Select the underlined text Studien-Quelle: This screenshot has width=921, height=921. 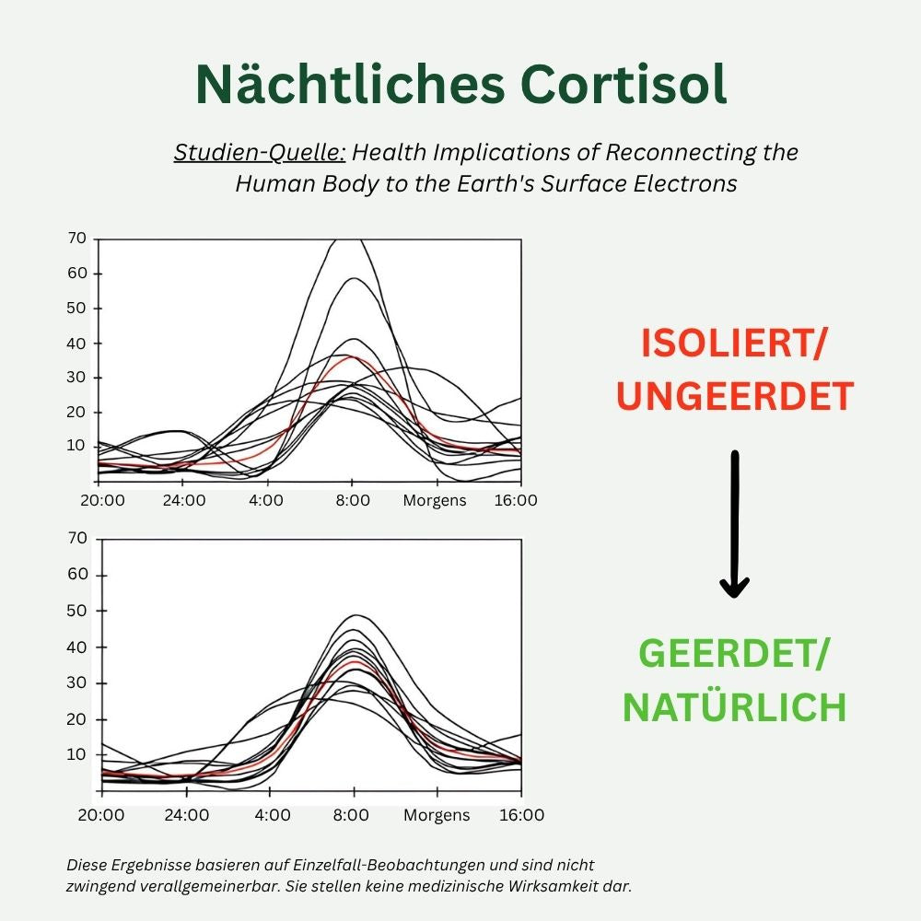pos(260,152)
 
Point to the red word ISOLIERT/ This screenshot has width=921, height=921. pos(735,344)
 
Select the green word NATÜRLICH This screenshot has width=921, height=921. pos(734,707)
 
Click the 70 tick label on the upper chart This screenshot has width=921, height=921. pos(77,239)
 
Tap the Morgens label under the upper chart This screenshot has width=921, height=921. pos(435,501)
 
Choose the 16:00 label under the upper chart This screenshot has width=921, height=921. pos(516,501)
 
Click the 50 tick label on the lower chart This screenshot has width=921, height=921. pos(77,611)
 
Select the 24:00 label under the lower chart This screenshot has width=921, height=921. pos(187,815)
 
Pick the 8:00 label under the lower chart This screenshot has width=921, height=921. pos(352,815)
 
